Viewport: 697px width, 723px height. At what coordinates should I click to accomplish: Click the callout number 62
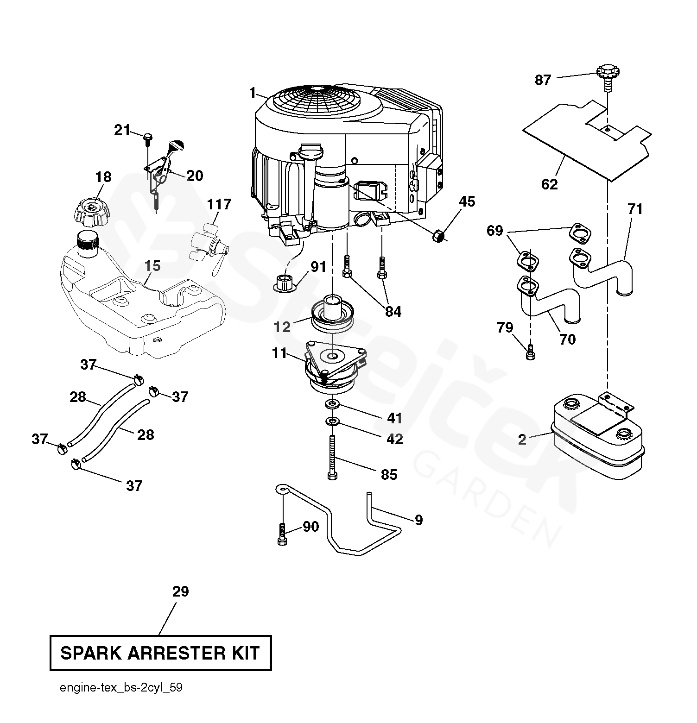(550, 184)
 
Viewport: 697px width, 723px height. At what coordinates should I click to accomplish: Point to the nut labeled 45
(438, 237)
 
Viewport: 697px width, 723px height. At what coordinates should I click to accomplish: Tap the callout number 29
(181, 591)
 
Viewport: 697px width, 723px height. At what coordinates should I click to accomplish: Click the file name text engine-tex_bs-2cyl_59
(121, 688)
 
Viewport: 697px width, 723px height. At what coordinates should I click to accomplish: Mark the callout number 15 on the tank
(152, 266)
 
